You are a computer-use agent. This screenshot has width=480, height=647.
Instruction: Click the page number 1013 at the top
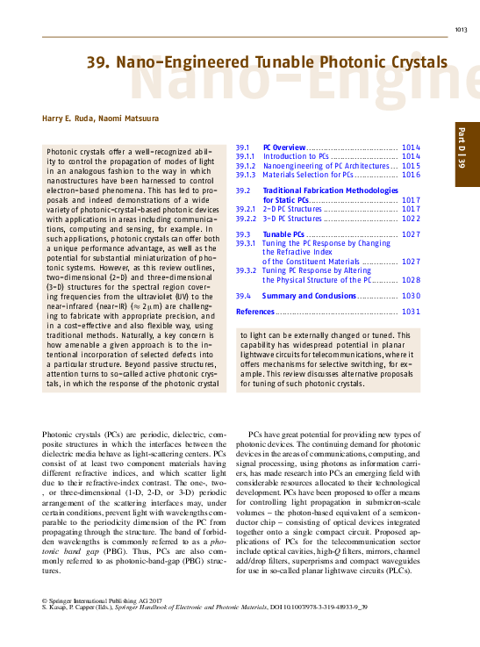[461, 31]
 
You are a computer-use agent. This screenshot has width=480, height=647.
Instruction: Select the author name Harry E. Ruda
[68, 118]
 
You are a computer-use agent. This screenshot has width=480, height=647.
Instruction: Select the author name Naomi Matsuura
[125, 118]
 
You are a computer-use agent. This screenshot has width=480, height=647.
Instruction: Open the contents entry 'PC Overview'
[284, 147]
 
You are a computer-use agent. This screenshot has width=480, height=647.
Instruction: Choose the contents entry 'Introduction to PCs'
[296, 156]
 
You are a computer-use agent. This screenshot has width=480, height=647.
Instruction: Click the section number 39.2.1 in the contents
[246, 209]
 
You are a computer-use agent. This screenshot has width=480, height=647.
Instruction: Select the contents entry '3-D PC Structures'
[293, 218]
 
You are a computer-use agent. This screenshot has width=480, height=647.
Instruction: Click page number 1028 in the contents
[411, 279]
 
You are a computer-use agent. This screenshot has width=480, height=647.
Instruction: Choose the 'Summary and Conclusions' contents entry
[309, 297]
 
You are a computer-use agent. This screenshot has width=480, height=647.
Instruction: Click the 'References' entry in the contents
[255, 312]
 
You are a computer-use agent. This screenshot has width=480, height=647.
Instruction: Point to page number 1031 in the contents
[411, 312]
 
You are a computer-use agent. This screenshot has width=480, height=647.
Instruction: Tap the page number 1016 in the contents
[411, 175]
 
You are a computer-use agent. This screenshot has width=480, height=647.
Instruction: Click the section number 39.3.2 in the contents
[246, 270]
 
